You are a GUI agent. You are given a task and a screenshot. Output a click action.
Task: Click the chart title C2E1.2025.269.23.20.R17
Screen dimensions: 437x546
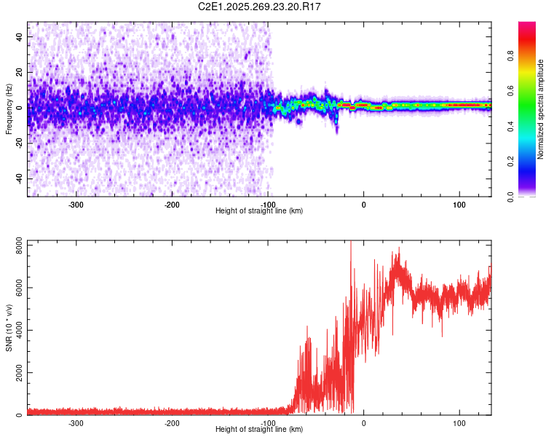click(260, 7)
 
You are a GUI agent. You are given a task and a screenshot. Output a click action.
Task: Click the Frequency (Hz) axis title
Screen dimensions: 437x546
click(9, 109)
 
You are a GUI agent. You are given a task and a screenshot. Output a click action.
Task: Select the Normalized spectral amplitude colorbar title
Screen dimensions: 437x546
click(540, 109)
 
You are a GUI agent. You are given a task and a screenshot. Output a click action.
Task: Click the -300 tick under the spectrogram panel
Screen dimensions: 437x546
click(76, 205)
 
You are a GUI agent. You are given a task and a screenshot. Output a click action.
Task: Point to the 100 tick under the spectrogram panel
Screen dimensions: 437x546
click(459, 205)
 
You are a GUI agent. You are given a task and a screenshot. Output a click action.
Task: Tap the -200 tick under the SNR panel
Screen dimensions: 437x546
click(172, 423)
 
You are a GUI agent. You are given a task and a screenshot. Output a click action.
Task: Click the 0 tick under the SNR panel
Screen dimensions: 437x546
click(363, 423)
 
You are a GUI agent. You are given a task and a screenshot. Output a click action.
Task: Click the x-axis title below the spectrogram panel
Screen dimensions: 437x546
click(259, 211)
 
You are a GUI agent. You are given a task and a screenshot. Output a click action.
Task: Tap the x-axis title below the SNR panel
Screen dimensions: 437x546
click(259, 430)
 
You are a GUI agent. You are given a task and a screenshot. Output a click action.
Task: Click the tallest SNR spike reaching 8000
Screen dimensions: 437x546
click(351, 243)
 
